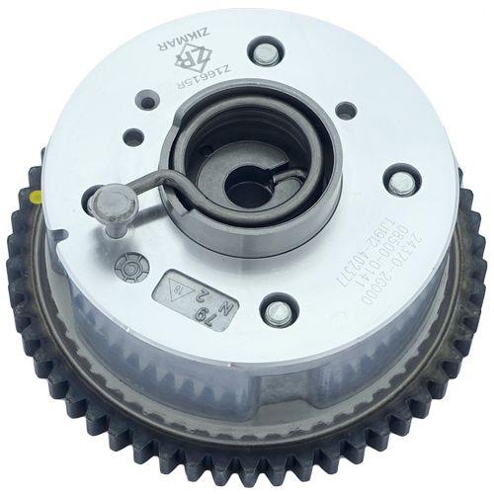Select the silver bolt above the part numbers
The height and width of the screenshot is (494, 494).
pyautogui.click(x=399, y=183)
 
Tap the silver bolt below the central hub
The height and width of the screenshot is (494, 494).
pyautogui.click(x=278, y=312)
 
